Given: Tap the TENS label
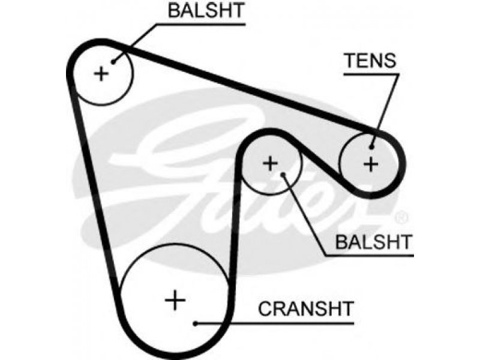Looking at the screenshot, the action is point(370,61).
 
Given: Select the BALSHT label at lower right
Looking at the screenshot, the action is point(374,242).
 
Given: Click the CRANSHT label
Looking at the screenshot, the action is point(306,308).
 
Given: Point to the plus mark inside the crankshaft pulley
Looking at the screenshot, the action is point(175,300).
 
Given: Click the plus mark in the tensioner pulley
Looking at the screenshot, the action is point(371,164).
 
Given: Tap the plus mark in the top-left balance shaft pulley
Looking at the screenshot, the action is point(101,74).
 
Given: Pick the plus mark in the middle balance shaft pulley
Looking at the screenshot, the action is point(271,163).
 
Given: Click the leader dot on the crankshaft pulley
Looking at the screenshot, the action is point(196,323).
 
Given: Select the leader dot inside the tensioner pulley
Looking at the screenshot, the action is point(371,147).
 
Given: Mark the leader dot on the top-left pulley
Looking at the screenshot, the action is point(113,62).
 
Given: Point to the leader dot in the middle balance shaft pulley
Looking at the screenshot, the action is point(283,175).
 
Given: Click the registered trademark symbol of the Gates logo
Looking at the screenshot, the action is point(401,218).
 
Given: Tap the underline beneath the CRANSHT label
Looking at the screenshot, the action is point(275,323).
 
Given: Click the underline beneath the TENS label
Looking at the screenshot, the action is point(371,74).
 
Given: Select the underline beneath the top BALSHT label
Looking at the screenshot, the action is point(201,24).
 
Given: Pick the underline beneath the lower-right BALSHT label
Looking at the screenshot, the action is point(369,255).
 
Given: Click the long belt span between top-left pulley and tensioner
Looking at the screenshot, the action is point(245,89).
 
